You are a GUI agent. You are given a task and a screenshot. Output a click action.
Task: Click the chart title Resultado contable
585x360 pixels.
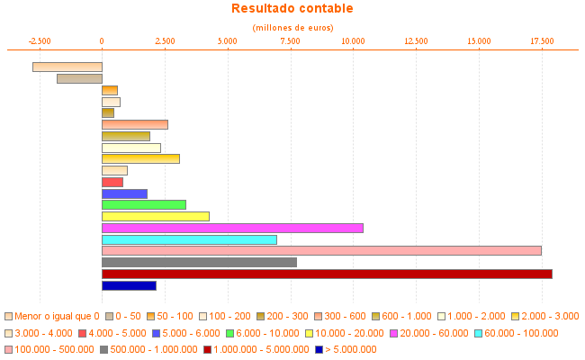(x=292, y=9)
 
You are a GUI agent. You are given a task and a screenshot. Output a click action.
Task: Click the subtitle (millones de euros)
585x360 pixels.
(x=292, y=28)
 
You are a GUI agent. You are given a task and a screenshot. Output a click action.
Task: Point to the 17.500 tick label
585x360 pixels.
(x=542, y=40)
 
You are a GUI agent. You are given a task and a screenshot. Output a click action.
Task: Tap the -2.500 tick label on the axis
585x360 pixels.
(x=40, y=40)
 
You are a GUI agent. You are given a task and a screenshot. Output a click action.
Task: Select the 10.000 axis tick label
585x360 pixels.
(x=353, y=40)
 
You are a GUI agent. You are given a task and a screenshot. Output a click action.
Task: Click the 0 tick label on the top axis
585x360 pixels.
(x=102, y=40)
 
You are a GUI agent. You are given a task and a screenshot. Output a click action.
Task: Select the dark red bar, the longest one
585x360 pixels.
(x=327, y=274)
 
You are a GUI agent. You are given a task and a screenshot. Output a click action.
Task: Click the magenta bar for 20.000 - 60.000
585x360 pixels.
(x=232, y=228)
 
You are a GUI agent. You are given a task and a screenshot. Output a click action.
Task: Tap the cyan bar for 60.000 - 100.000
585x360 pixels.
(x=189, y=239)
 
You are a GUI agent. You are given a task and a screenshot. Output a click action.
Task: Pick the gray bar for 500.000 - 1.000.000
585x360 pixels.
(x=199, y=262)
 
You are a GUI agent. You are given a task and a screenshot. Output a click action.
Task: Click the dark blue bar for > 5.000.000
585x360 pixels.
(x=129, y=285)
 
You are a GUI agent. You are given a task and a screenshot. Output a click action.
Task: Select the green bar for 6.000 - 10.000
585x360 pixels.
(x=144, y=204)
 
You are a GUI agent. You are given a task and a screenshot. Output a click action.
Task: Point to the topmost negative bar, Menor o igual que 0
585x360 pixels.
(x=67, y=67)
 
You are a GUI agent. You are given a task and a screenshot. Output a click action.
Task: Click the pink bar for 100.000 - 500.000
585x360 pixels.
(x=321, y=250)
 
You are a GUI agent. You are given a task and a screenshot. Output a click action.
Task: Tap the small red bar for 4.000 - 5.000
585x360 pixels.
(x=112, y=182)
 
